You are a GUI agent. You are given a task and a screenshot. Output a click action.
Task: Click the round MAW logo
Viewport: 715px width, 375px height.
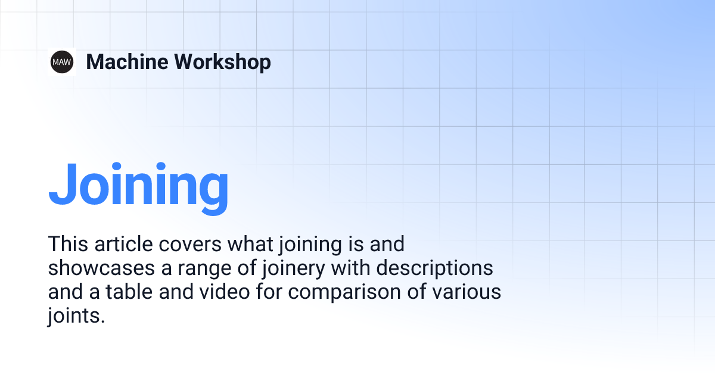pyautogui.click(x=62, y=61)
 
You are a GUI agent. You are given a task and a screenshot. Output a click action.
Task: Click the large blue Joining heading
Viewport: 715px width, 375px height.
pyautogui.click(x=138, y=184)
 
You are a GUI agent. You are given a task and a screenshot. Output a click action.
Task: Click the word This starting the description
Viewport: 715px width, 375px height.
pyautogui.click(x=67, y=244)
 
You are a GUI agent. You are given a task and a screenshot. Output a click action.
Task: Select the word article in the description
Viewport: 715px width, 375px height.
pyautogui.click(x=119, y=244)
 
